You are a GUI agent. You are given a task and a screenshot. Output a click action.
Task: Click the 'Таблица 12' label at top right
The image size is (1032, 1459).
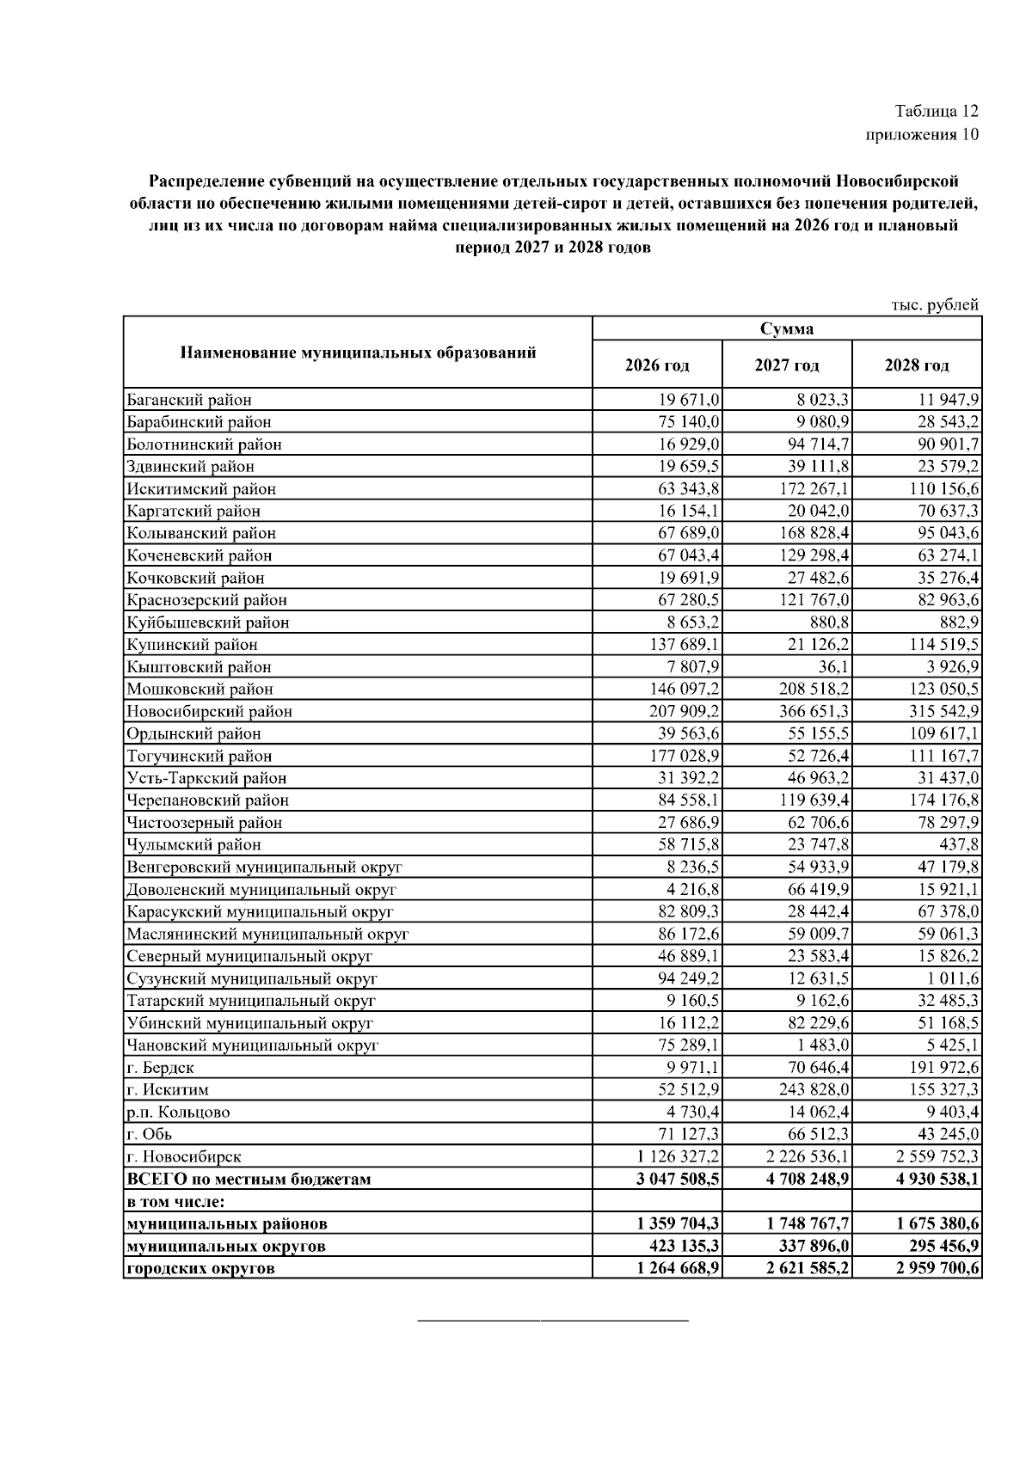coord(937,111)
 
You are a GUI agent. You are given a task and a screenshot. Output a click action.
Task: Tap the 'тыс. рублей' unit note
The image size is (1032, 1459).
coord(935,304)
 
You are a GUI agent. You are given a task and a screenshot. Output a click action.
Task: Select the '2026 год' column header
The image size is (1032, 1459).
coord(657,365)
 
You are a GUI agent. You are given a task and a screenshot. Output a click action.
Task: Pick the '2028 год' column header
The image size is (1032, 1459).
coord(917,365)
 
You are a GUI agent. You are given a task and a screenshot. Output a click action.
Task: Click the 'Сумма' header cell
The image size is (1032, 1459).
coord(787,328)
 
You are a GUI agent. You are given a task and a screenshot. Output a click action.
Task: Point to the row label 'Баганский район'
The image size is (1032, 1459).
coord(189,400)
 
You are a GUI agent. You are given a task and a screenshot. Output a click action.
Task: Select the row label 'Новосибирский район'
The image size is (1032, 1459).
coord(209,712)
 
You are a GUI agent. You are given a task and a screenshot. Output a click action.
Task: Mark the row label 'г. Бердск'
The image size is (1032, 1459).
coord(160,1068)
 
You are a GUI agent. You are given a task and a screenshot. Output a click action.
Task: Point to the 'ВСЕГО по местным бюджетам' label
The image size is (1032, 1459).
coord(249,1180)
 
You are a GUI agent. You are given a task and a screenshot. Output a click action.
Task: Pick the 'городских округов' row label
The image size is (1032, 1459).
coord(200,1268)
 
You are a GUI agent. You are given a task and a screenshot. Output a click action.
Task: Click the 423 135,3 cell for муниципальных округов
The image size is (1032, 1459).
coord(679,1246)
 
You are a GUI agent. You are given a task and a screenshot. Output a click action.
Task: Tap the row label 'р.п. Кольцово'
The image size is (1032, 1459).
coord(178,1113)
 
